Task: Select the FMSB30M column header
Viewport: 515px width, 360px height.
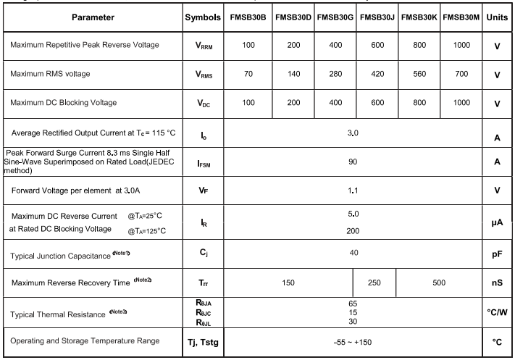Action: pyautogui.click(x=462, y=16)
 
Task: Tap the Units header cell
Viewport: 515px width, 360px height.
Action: pyautogui.click(x=497, y=16)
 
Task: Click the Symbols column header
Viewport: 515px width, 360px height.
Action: pyautogui.click(x=204, y=16)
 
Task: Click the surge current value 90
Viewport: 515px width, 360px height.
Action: pyautogui.click(x=353, y=162)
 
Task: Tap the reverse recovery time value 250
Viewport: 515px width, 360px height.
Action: pyautogui.click(x=374, y=282)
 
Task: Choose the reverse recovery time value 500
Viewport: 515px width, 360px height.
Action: pyautogui.click(x=438, y=282)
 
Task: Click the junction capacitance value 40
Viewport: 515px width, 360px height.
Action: pyautogui.click(x=353, y=253)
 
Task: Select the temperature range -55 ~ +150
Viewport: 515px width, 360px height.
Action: pyautogui.click(x=353, y=341)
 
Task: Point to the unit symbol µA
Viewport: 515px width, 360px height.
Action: pyautogui.click(x=497, y=223)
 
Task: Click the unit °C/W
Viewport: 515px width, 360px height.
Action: pyautogui.click(x=497, y=312)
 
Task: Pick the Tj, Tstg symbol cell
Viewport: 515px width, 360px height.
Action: pyautogui.click(x=204, y=341)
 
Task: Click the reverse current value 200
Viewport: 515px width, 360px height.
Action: pyautogui.click(x=353, y=230)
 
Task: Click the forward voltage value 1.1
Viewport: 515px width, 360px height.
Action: pyautogui.click(x=353, y=191)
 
